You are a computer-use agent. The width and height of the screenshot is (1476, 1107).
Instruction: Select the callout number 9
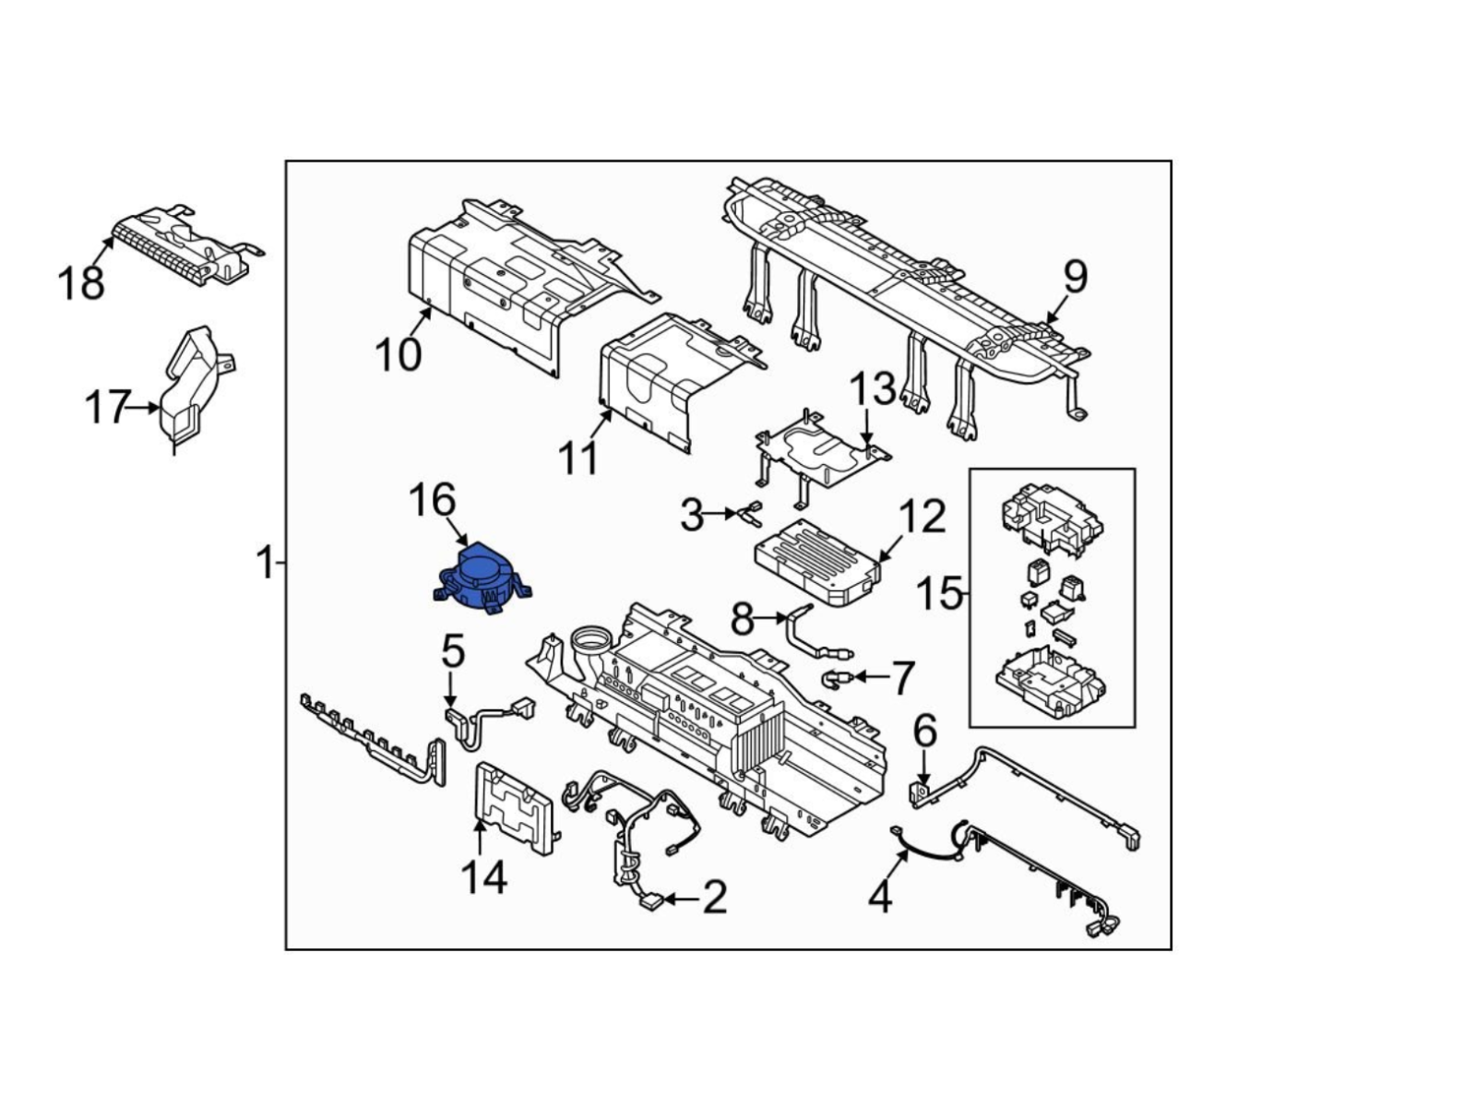1075,276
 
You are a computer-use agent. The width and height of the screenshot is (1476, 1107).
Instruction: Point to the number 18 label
81,283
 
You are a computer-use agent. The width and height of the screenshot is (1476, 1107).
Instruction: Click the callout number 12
922,518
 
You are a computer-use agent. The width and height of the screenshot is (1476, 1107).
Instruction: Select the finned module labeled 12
816,561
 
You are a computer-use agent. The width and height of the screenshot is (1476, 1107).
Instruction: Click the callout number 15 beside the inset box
938,594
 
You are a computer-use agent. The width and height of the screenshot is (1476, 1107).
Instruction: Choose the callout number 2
714,897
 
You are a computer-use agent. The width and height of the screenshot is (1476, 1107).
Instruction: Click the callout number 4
880,896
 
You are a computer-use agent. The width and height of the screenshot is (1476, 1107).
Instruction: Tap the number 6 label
924,732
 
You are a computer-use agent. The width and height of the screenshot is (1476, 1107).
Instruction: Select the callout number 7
900,678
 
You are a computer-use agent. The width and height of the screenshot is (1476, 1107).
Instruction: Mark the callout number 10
399,354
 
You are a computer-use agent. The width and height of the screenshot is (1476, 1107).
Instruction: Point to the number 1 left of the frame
265,562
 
